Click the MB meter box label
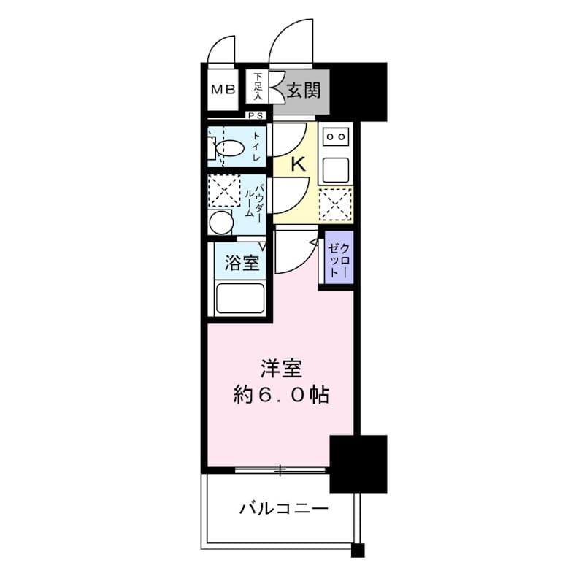point(223,89)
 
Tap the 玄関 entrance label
point(304,90)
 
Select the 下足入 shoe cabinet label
point(258,86)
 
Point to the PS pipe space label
point(256,116)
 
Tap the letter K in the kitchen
point(298,164)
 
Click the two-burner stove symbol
point(336,137)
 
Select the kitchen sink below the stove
point(336,171)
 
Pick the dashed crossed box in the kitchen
point(336,204)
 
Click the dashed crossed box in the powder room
point(224,191)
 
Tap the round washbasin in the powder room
point(221,223)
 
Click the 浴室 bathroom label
point(242,264)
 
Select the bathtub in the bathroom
point(240,299)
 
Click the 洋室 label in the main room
point(281,369)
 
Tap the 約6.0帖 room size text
point(281,395)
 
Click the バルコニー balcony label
point(284,508)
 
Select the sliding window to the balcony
point(280,470)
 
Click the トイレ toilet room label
point(256,147)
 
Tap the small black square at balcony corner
point(358,550)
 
